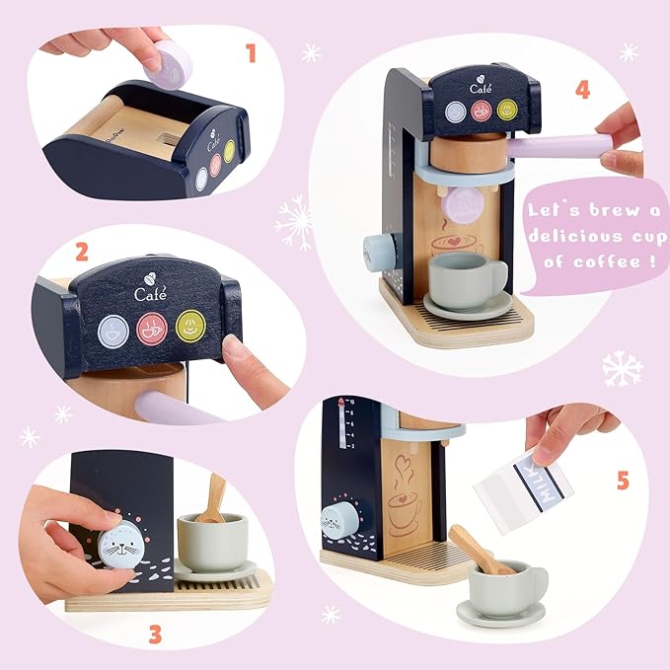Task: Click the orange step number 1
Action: coord(251,51)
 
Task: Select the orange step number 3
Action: coord(154,633)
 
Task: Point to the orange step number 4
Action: coord(582,90)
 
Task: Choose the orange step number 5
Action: coord(622,481)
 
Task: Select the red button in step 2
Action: coord(152,328)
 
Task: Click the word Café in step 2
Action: coord(151,293)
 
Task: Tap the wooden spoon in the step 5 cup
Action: coord(478,550)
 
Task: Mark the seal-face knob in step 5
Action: coord(338,519)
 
